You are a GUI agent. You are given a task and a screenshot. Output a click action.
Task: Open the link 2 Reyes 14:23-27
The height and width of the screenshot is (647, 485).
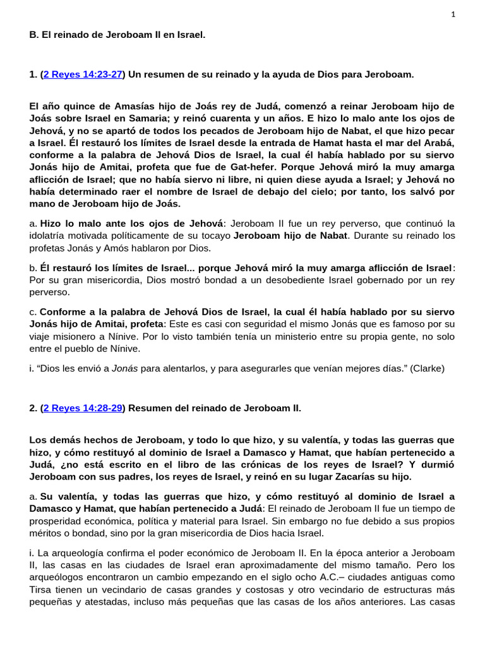click(83, 75)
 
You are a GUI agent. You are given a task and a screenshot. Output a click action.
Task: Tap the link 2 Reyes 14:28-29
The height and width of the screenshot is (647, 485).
click(83, 408)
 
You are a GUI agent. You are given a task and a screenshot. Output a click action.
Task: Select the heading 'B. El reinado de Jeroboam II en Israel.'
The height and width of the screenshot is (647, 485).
click(117, 35)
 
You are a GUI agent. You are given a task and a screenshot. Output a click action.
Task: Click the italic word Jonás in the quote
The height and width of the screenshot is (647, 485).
click(124, 368)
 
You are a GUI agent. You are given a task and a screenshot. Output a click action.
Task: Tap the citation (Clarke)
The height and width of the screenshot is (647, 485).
click(427, 368)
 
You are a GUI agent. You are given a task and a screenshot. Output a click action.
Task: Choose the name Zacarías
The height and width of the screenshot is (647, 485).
click(353, 476)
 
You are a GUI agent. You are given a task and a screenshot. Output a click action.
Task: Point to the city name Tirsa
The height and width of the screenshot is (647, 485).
click(42, 590)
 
